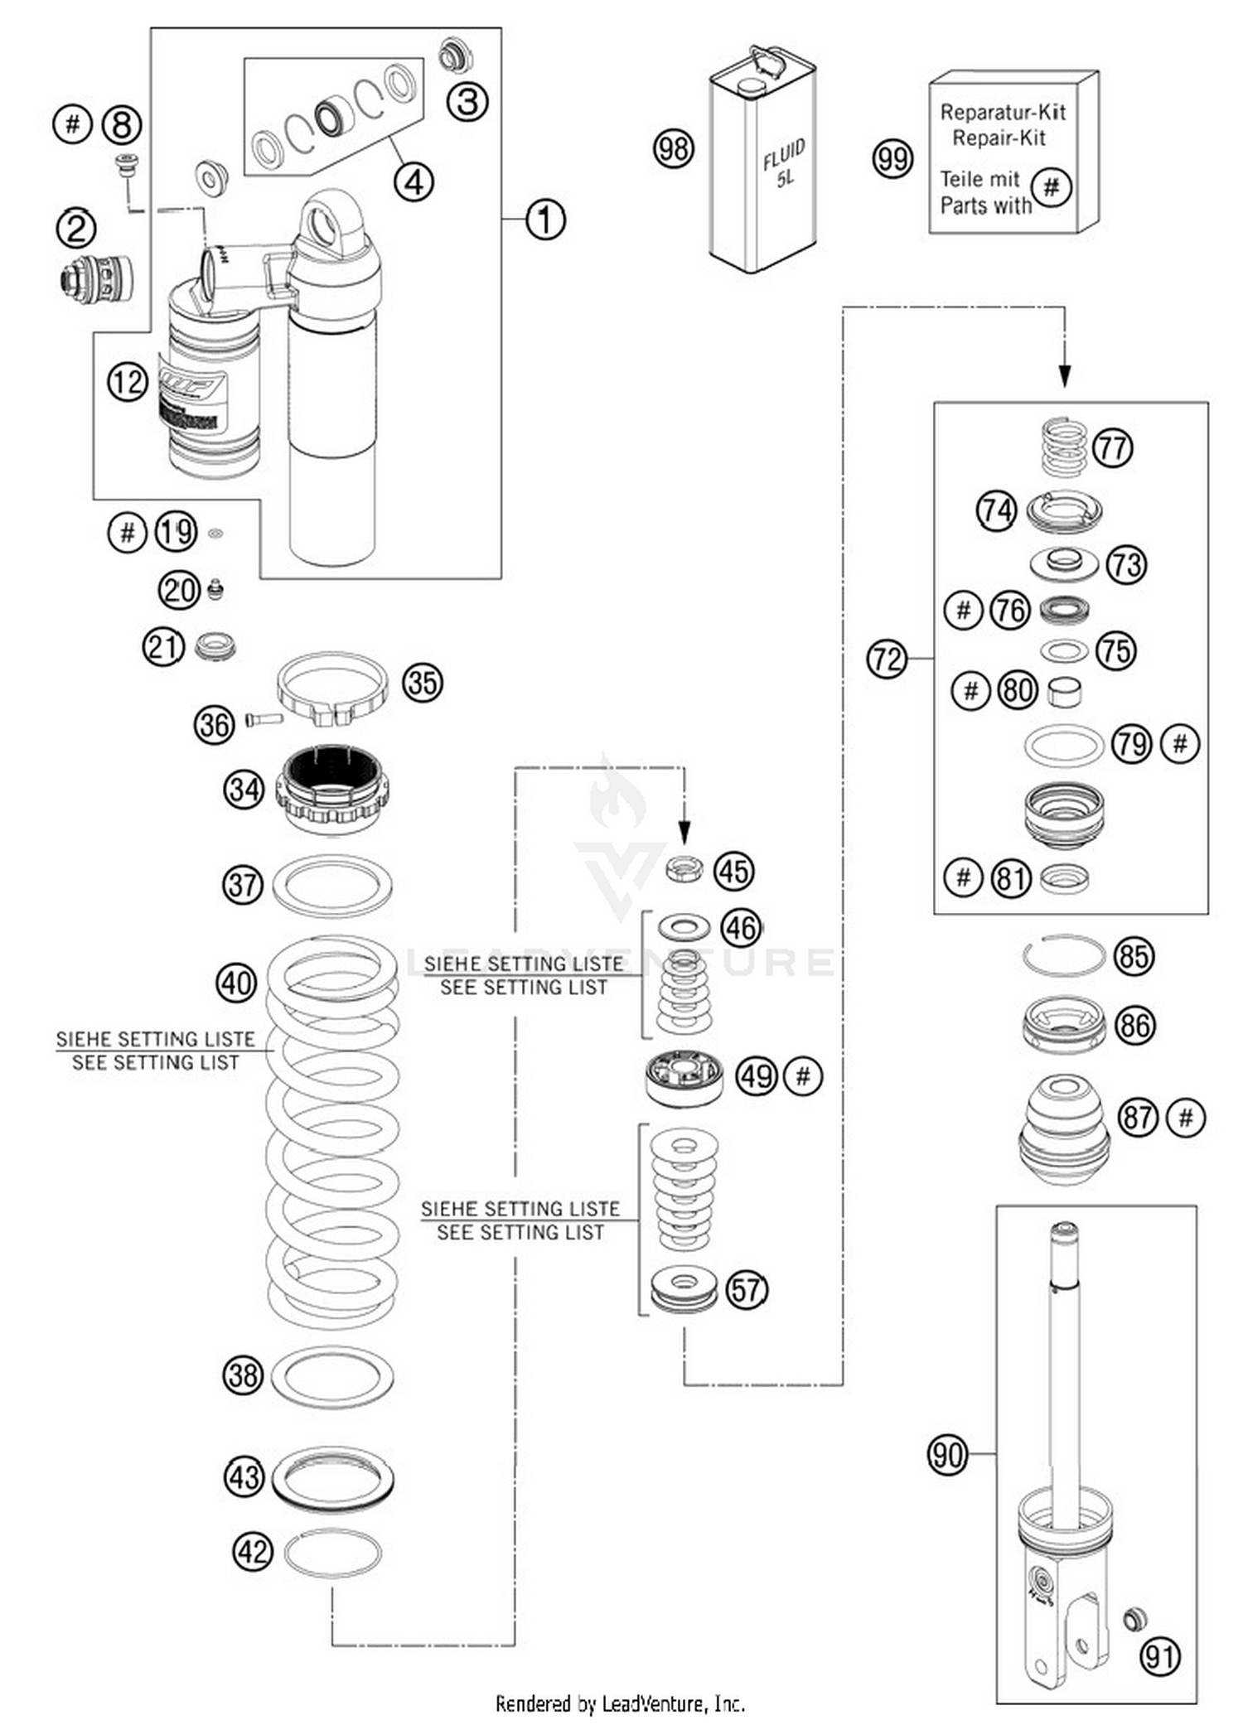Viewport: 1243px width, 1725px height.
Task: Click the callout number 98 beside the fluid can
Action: click(x=673, y=149)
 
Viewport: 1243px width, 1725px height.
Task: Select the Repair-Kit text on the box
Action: click(x=999, y=138)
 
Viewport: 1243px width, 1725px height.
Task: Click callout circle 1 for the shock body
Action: click(x=544, y=220)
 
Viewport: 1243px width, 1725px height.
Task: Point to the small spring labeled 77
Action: click(x=1063, y=447)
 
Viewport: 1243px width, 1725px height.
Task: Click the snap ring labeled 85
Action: click(x=1063, y=955)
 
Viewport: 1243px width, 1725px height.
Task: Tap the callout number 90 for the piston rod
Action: click(x=947, y=1453)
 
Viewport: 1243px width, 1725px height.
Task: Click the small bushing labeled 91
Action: click(x=1134, y=1618)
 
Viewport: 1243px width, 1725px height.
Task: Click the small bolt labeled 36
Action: click(x=264, y=718)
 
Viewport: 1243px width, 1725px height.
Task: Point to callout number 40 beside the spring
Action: click(x=236, y=983)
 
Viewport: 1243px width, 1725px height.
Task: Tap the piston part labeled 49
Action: click(x=684, y=1078)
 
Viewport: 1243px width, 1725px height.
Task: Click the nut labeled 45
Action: click(x=684, y=869)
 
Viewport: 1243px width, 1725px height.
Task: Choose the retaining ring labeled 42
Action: click(x=332, y=1553)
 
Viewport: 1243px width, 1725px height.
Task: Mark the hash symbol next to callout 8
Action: click(x=72, y=124)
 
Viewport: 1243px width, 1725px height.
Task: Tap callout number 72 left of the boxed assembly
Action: click(x=887, y=659)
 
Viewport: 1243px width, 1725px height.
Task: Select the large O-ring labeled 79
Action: click(x=1064, y=745)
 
